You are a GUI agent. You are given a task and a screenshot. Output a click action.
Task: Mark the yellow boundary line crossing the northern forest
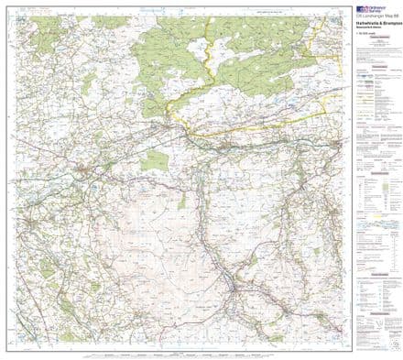pos(212,64)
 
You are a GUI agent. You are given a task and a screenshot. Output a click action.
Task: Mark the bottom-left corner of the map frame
pos(5,346)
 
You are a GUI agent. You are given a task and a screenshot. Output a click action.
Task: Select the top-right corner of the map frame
pos(345,14)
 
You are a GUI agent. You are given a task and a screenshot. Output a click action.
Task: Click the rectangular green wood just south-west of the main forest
pos(154,161)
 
